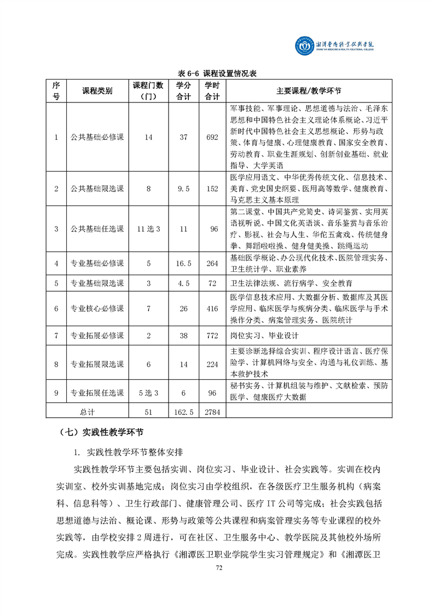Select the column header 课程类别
click(97, 90)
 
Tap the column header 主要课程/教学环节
click(309, 90)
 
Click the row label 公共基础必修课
click(97, 137)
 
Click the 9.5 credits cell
click(183, 189)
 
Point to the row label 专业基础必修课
click(97, 264)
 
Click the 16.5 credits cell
click(183, 264)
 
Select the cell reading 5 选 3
click(148, 392)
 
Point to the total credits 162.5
click(183, 412)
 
